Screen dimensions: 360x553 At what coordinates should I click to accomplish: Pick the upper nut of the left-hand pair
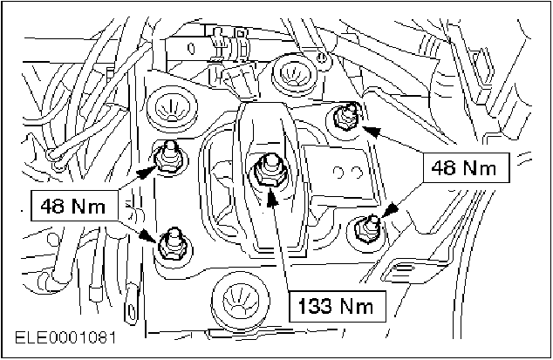click(168, 157)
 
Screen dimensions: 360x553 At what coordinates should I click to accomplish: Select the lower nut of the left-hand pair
click(170, 243)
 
